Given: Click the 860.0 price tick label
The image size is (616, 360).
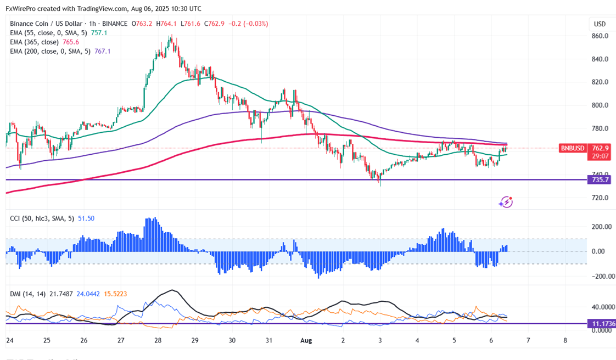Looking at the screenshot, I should pyautogui.click(x=599, y=36).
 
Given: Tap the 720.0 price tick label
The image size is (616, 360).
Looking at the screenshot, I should pyautogui.click(x=599, y=198).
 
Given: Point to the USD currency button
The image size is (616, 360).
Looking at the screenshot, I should pyautogui.click(x=600, y=24).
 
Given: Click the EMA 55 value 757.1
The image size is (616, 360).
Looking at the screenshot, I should pyautogui.click(x=99, y=33).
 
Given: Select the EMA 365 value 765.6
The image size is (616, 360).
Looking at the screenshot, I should pyautogui.click(x=71, y=42).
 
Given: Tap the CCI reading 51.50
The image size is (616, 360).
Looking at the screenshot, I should pyautogui.click(x=86, y=218).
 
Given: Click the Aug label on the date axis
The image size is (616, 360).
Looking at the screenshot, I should pyautogui.click(x=306, y=341).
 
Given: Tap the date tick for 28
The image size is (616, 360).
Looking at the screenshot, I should pyautogui.click(x=158, y=341).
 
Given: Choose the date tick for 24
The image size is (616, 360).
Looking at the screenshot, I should pyautogui.click(x=9, y=341).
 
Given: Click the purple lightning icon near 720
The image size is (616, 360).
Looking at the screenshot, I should pyautogui.click(x=506, y=202).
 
